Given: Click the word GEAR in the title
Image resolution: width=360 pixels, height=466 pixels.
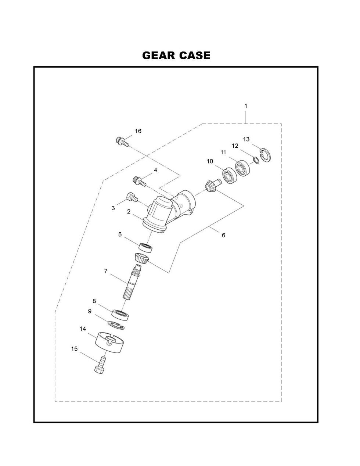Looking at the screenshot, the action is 159,55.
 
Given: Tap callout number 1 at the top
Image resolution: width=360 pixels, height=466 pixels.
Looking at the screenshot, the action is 246,106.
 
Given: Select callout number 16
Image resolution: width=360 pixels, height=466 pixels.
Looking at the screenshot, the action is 138,131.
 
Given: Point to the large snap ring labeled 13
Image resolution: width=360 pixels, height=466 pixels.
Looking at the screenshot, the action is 266,155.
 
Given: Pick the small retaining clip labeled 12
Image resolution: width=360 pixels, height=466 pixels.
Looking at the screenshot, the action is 256,160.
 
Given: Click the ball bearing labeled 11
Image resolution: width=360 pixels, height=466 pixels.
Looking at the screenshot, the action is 242,168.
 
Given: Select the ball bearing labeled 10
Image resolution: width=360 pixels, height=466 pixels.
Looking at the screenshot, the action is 230,175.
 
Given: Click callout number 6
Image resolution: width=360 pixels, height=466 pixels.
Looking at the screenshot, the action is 223,235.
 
